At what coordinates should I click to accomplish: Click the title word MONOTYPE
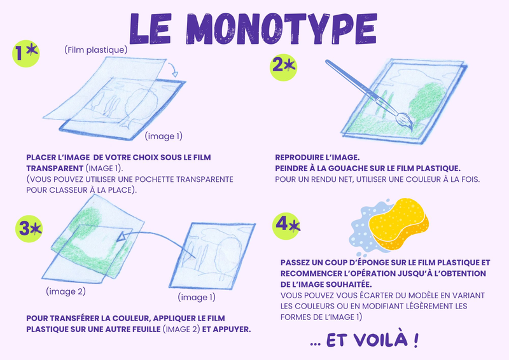pos(281,29)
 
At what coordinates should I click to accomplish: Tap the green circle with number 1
pos(26,53)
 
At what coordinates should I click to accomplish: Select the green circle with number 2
pos(283,67)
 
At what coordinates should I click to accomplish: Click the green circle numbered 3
pos(29,228)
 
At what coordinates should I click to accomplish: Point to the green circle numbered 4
pos(286,226)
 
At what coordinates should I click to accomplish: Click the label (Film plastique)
pos(96,50)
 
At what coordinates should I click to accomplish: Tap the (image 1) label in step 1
pos(164,136)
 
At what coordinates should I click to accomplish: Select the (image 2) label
pos(66,291)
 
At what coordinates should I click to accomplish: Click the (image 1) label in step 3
pos(197,297)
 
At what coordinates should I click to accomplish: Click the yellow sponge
pos(399,224)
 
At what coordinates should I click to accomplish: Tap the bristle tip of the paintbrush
pos(411,129)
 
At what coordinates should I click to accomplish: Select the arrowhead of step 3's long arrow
pos(121,236)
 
